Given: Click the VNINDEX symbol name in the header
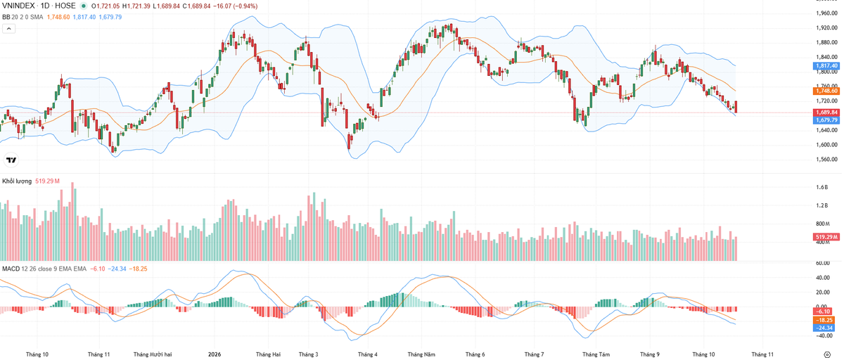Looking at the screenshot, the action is coord(18,6).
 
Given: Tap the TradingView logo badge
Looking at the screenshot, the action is coord(11,160).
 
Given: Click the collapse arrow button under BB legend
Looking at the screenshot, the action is coord(9,29).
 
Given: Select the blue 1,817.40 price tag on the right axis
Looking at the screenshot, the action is coord(826,66).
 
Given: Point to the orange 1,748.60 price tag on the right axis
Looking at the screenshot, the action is coord(826,91).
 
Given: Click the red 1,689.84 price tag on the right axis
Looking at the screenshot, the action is coord(826,112).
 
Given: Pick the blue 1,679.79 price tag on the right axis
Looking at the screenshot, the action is coord(826,120).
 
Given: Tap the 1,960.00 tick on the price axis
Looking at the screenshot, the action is coord(826,13).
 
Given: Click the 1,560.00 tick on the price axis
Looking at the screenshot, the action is coord(826,160).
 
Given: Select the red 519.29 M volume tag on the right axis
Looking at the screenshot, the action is coord(826,237).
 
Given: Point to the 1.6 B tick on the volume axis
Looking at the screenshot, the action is coord(822,187).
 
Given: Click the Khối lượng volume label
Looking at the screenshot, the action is coord(17,181).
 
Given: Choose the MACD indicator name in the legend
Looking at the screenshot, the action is coord(11,269).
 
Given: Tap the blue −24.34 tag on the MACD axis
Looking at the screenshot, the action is coord(824,328).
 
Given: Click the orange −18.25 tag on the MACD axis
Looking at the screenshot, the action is coord(824,320).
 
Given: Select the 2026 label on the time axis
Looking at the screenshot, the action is coord(215,354).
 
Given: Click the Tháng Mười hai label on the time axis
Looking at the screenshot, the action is coord(153,354).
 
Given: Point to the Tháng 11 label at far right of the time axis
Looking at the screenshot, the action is coord(762,354).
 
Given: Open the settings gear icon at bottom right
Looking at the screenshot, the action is coord(827,354).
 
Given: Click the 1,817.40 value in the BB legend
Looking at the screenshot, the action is coord(84,17).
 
